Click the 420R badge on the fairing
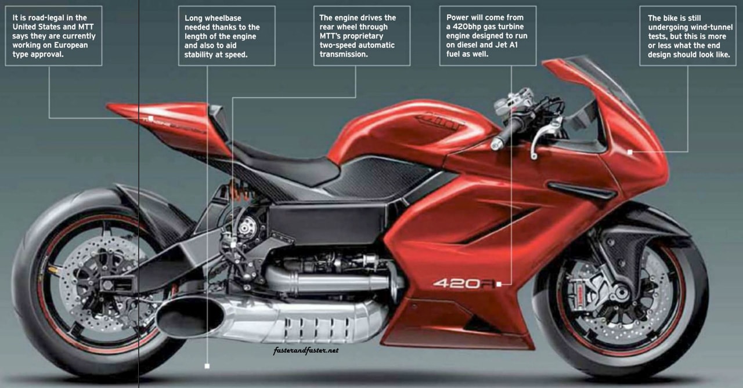(464, 284)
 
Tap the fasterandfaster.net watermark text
(305, 350)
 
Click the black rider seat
(284, 163)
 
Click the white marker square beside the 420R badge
(499, 284)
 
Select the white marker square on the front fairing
(630, 152)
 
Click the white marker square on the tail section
(150, 118)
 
